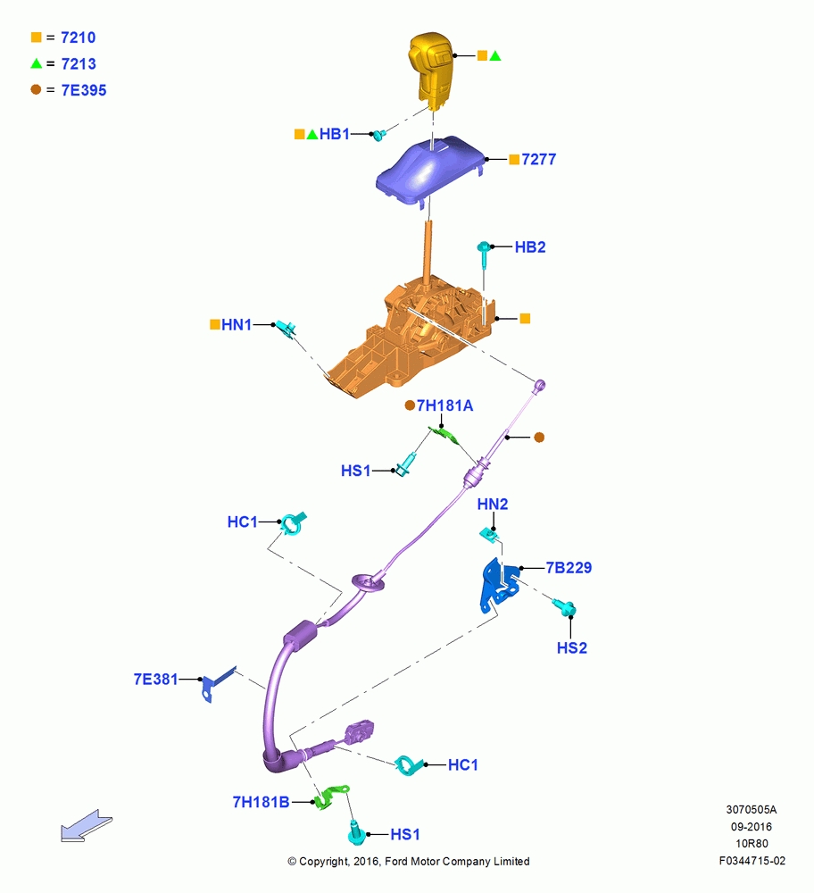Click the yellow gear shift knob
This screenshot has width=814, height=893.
(x=431, y=71)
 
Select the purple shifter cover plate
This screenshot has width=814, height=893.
(x=431, y=169)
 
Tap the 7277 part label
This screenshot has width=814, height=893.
(x=538, y=160)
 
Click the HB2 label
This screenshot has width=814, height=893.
(x=530, y=247)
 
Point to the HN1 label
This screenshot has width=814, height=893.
(x=237, y=325)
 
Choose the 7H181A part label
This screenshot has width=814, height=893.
(x=444, y=405)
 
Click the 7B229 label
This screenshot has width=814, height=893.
(x=569, y=568)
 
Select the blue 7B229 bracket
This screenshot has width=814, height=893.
(x=500, y=586)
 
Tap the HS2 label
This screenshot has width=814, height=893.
(x=571, y=648)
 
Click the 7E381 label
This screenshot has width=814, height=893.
(x=155, y=680)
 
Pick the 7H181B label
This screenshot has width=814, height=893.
(x=261, y=803)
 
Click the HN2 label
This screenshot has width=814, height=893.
(x=493, y=504)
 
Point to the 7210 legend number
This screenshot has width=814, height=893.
(x=78, y=38)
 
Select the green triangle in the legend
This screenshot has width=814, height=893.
(x=37, y=63)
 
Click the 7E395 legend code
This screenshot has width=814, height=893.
(x=84, y=90)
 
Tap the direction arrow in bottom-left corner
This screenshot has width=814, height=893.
(x=87, y=826)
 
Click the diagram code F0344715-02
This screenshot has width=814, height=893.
(x=752, y=861)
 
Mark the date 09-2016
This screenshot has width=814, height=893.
(x=752, y=827)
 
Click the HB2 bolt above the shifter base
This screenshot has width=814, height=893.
(x=484, y=255)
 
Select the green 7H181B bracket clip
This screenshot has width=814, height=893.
(x=331, y=797)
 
